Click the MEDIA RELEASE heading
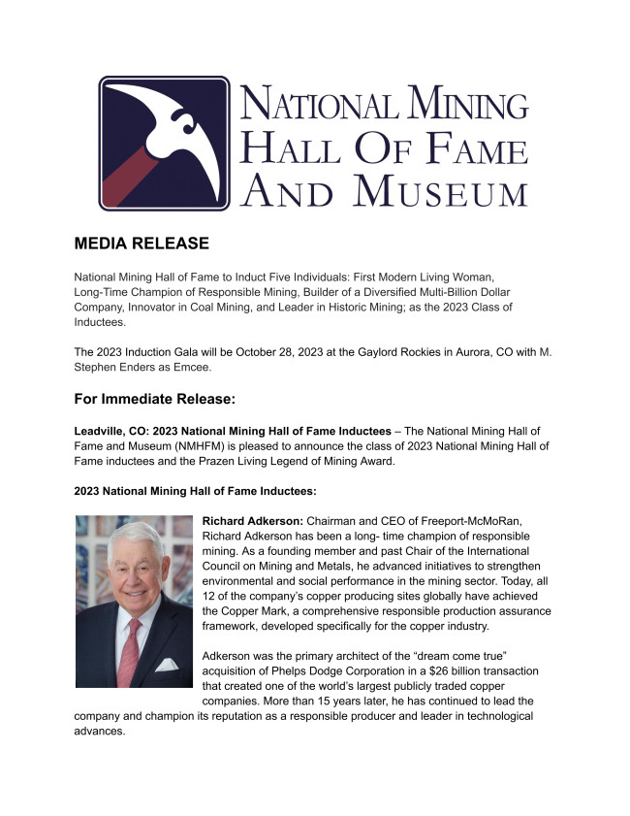pos(142,243)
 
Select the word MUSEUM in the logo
pos(440,190)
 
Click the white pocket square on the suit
pos(166,665)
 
